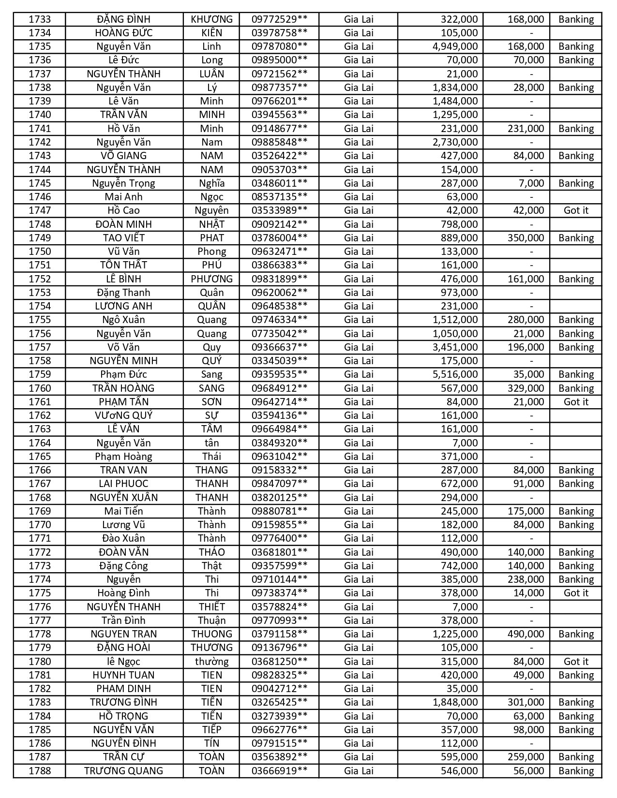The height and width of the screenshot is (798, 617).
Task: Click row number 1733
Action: [40, 19]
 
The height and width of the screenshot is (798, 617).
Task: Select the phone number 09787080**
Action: [279, 46]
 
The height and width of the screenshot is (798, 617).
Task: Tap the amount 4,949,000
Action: [455, 46]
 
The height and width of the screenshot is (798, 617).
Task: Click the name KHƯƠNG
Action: [211, 19]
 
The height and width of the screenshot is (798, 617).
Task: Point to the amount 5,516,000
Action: [455, 374]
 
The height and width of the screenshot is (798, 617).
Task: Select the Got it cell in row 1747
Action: [576, 210]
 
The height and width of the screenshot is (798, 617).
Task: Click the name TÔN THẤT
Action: [124, 265]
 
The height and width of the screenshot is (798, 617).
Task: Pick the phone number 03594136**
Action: [279, 415]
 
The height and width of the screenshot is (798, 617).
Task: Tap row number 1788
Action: [40, 771]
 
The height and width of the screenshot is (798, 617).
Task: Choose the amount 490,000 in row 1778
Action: [526, 634]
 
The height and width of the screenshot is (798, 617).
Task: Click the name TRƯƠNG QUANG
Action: [124, 771]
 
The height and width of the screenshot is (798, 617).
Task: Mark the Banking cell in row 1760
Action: [576, 388]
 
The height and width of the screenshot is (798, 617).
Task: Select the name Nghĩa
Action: [211, 183]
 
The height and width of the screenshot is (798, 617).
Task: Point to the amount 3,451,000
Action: [455, 347]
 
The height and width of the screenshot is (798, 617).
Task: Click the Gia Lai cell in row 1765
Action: [359, 457]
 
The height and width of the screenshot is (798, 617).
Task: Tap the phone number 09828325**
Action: [279, 675]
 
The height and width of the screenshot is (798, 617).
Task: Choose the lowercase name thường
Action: [211, 662]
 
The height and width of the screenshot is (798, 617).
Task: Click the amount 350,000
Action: [526, 238]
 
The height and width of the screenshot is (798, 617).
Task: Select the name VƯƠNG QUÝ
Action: [124, 415]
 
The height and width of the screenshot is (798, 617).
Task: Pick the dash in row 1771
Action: [531, 538]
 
